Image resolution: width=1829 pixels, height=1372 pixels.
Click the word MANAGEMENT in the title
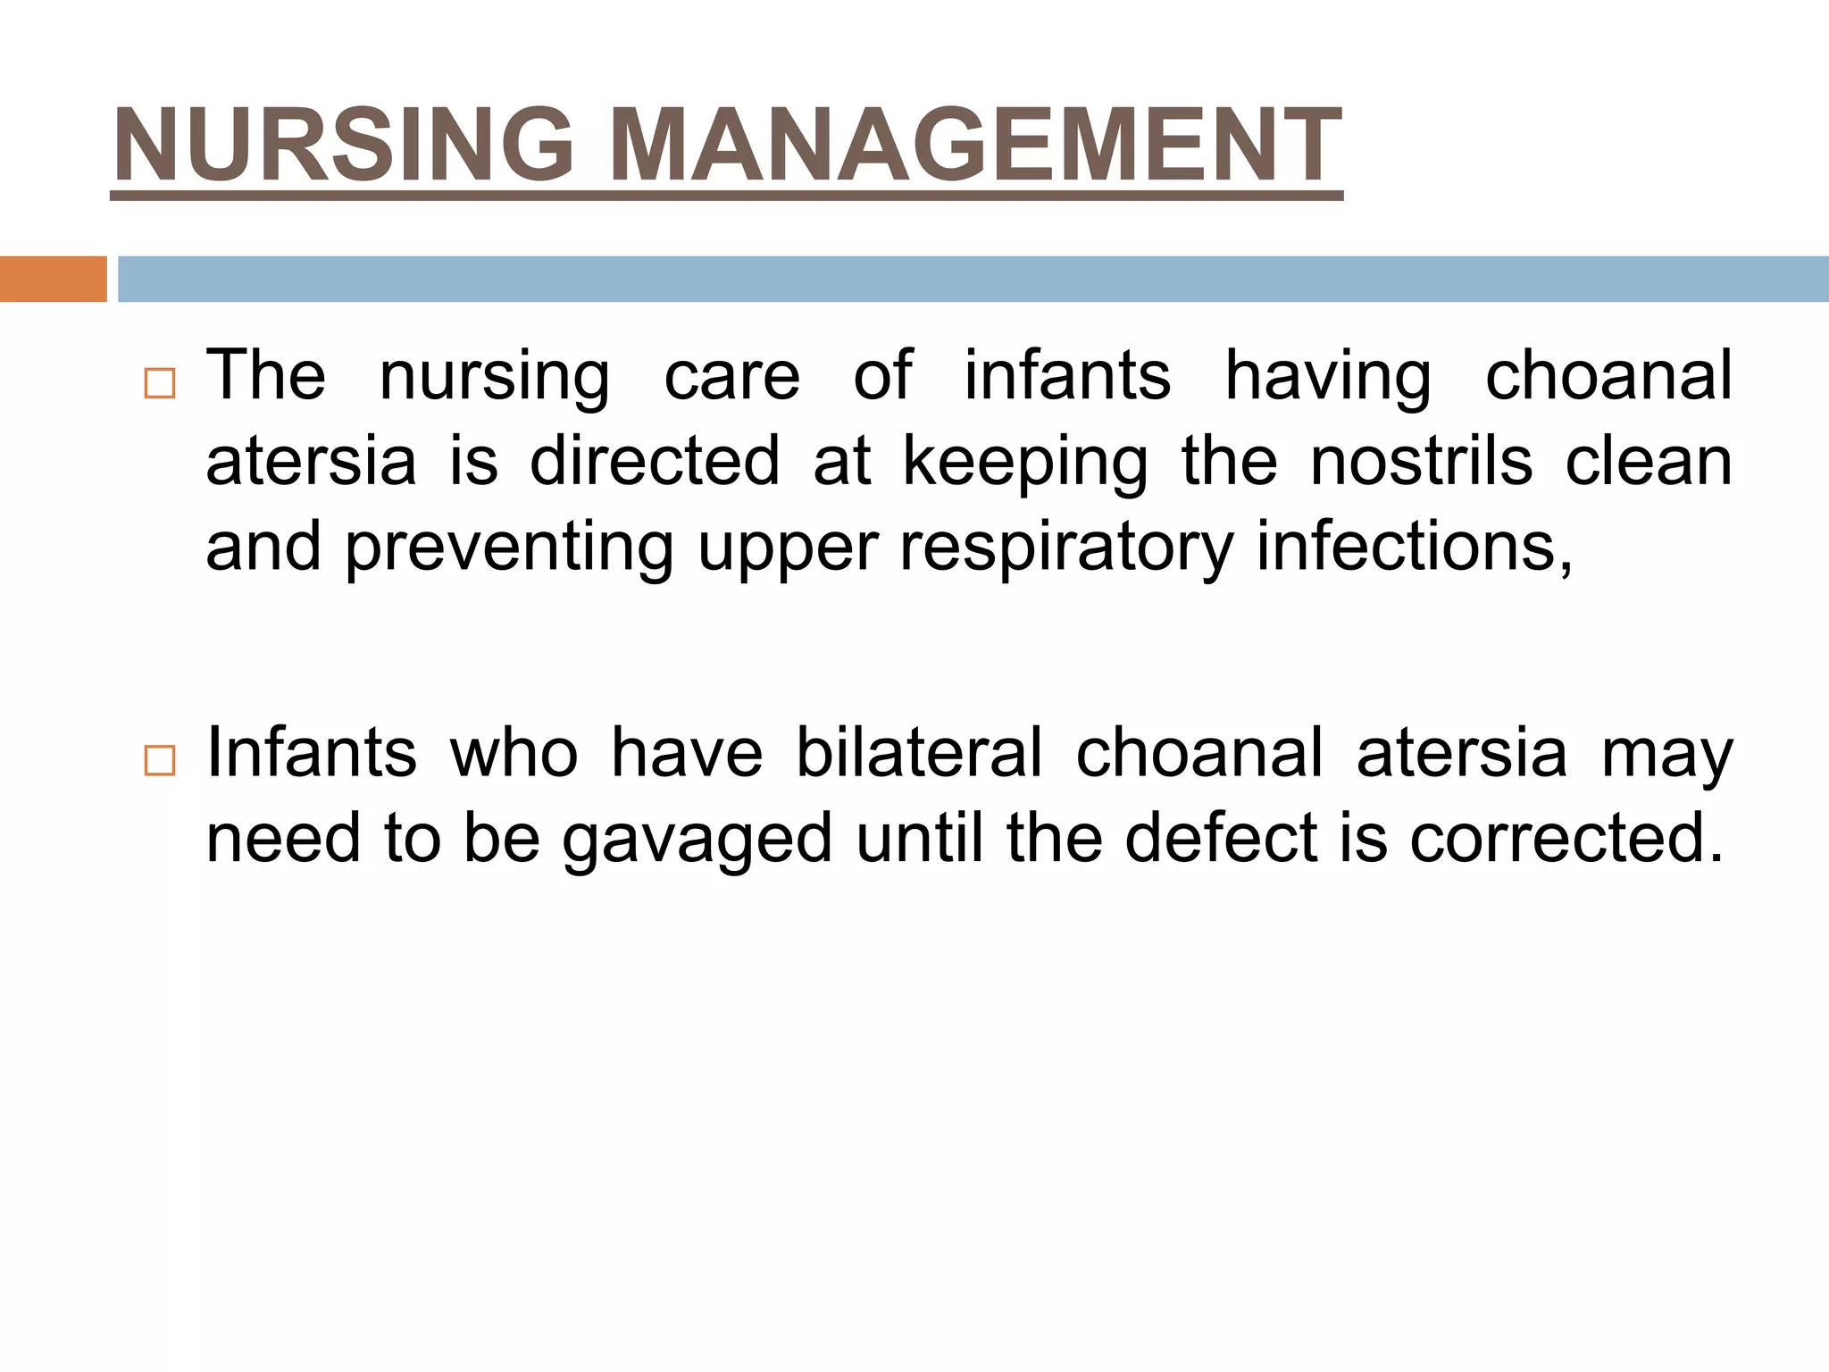977,145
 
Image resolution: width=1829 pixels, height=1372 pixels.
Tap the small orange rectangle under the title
53,279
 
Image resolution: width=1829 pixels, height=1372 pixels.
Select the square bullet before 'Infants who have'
159,761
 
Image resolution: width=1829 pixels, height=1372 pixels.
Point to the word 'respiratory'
1066,547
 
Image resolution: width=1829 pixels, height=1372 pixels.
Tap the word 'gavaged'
697,840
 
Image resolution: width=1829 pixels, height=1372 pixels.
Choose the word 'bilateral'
919,753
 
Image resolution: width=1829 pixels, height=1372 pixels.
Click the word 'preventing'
509,548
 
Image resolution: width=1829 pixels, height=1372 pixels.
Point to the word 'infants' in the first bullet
1067,375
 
